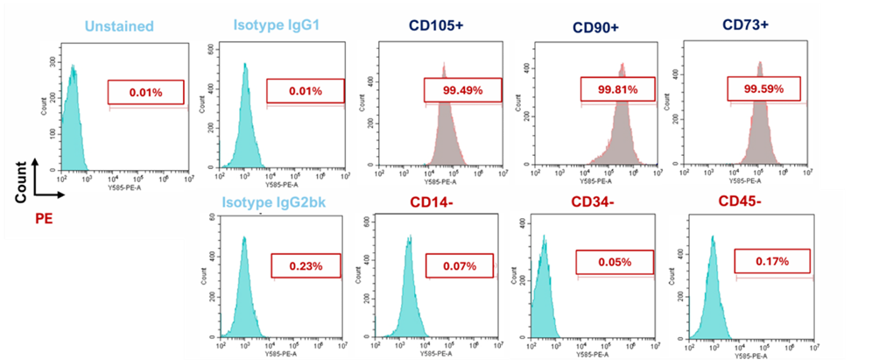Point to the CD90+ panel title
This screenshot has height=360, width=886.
point(597,27)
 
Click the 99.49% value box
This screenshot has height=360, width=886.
point(463,90)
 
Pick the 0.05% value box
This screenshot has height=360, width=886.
point(615,263)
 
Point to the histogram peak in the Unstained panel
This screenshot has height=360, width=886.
point(74,66)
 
